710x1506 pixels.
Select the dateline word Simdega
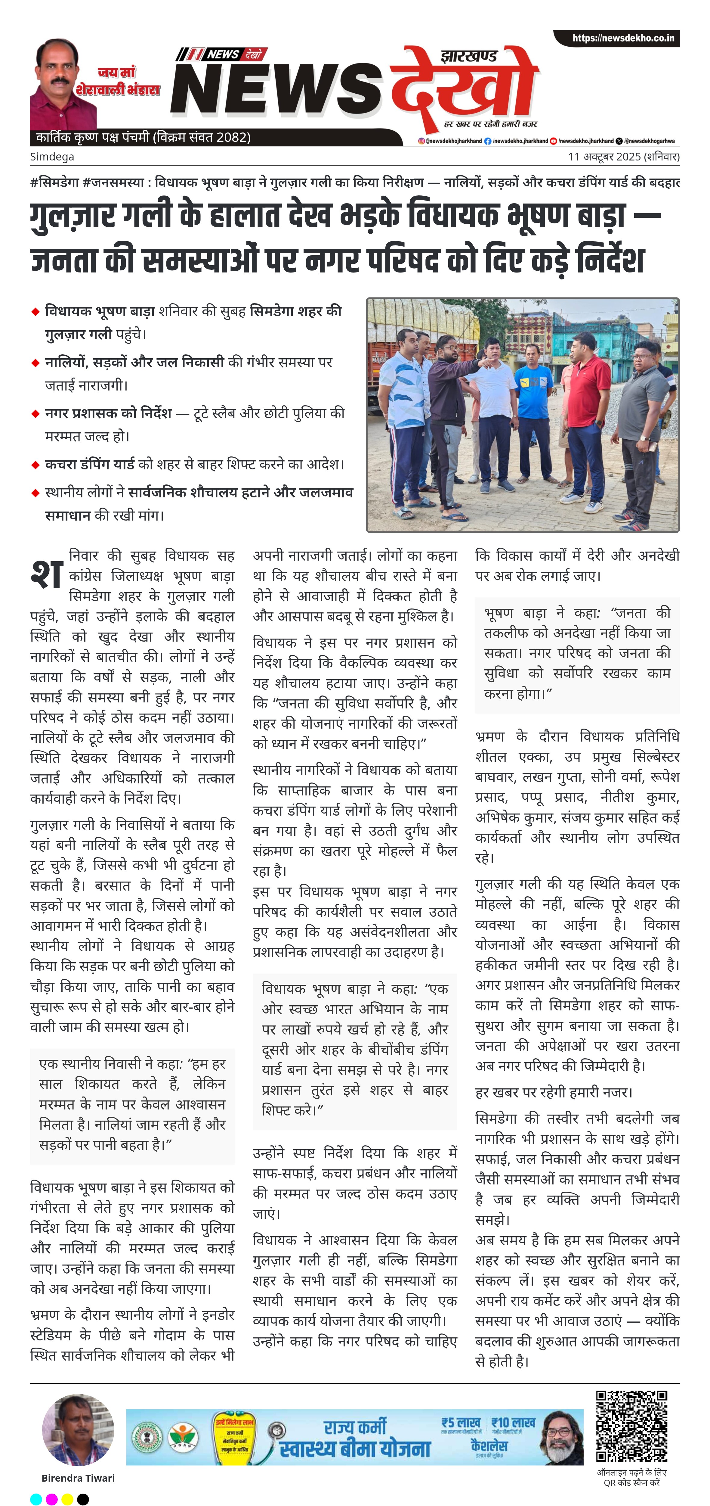pos(52,157)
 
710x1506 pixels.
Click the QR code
pos(631,1427)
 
